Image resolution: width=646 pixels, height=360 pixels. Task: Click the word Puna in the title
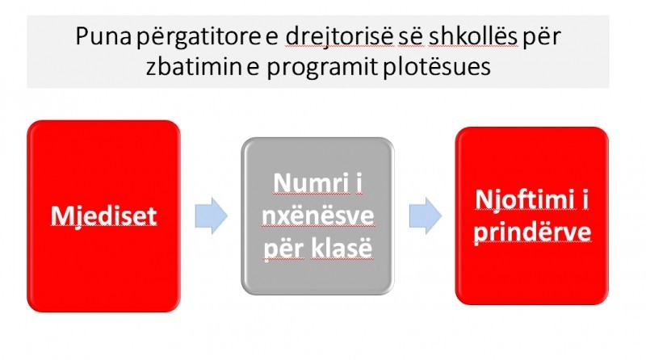tap(103, 36)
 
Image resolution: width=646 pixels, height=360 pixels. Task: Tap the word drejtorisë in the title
tap(339, 37)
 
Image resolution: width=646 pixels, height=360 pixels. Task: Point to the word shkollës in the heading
tap(472, 36)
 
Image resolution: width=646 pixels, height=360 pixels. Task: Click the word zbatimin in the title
tap(194, 66)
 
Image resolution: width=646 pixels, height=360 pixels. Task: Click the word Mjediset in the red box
tap(104, 216)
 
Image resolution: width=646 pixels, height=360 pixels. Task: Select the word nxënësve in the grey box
tap(317, 216)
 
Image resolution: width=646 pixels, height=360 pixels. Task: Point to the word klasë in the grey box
tap(342, 248)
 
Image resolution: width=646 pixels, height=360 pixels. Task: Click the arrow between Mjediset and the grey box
tap(212, 216)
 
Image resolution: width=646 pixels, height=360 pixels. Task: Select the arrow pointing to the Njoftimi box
tap(426, 216)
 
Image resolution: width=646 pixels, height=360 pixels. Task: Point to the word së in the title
tap(411, 36)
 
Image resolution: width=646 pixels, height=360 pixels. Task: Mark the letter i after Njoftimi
tap(585, 199)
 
